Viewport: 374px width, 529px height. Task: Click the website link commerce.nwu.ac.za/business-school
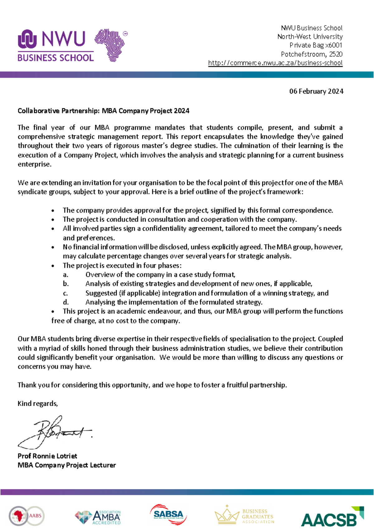[275, 63]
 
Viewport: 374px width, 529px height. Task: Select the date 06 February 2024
[316, 91]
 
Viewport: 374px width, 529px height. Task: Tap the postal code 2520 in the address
[336, 54]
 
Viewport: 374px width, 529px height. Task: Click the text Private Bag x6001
[316, 45]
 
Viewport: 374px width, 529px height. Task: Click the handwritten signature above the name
[55, 431]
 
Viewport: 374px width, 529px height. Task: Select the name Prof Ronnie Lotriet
[47, 456]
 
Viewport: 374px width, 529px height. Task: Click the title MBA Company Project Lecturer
[66, 465]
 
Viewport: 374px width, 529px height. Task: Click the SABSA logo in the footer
[168, 514]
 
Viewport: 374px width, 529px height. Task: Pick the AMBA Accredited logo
[98, 517]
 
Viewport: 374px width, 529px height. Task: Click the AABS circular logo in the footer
[26, 516]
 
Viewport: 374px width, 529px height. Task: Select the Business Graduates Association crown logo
[244, 516]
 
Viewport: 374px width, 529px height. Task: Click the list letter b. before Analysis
[65, 284]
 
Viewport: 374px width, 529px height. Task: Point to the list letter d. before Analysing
[65, 302]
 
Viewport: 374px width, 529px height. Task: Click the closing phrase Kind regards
[38, 404]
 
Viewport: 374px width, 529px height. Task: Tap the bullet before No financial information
[53, 248]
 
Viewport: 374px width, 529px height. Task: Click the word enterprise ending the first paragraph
[34, 164]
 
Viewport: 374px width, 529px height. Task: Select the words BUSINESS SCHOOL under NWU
[55, 58]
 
